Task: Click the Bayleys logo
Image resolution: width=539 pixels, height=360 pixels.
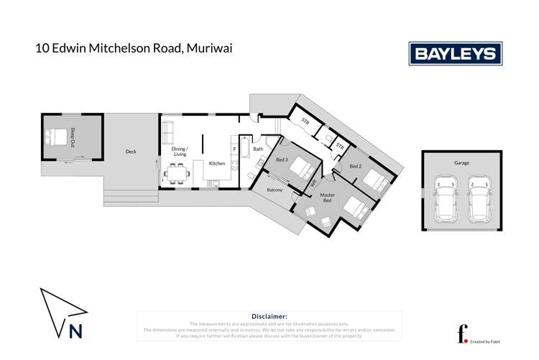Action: click(x=455, y=54)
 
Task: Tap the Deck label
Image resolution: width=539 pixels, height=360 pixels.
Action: click(x=131, y=152)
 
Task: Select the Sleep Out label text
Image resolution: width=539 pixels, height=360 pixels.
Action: click(x=73, y=137)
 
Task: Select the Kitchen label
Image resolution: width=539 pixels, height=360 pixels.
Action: click(x=217, y=163)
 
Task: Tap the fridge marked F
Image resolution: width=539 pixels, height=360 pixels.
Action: click(x=234, y=149)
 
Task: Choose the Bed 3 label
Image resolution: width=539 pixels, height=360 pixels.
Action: click(x=282, y=160)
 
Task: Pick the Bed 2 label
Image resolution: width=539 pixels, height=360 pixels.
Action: click(x=355, y=166)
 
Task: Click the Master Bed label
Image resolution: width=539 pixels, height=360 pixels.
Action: click(x=328, y=198)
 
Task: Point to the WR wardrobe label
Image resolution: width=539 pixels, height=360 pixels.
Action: click(x=314, y=185)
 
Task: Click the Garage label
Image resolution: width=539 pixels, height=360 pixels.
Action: click(x=461, y=163)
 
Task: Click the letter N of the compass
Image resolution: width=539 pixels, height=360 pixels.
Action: click(x=75, y=331)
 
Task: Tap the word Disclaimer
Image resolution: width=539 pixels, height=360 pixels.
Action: click(x=269, y=316)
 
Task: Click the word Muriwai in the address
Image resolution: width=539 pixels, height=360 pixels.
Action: click(x=209, y=49)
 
